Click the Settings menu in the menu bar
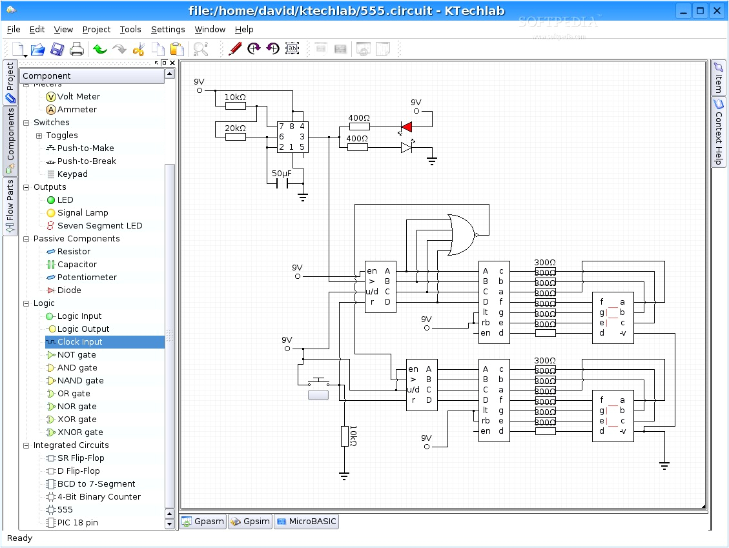click(x=168, y=29)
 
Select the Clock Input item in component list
click(x=79, y=342)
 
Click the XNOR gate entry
click(x=79, y=432)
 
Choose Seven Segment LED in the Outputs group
click(x=99, y=226)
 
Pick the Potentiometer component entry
click(x=87, y=278)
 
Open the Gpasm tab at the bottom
click(x=203, y=522)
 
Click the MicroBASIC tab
click(x=306, y=522)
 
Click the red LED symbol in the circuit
click(x=406, y=127)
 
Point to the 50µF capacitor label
click(x=282, y=174)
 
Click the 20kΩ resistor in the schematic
click(x=235, y=136)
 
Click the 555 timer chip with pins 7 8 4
click(x=292, y=137)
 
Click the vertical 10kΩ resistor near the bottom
click(x=345, y=436)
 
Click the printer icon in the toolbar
click(x=76, y=49)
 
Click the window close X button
click(x=717, y=10)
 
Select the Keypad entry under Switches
click(x=72, y=174)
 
